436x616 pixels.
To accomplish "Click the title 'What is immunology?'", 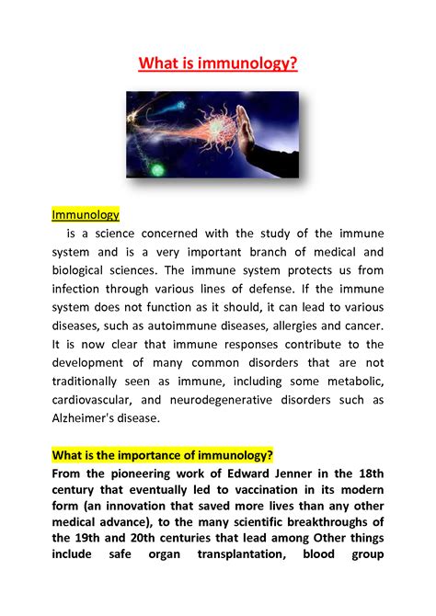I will tap(218, 66).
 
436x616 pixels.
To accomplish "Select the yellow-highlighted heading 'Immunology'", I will tap(86, 214).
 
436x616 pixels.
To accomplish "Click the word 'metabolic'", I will tap(353, 381).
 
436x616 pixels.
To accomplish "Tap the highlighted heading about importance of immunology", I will tap(162, 456).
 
